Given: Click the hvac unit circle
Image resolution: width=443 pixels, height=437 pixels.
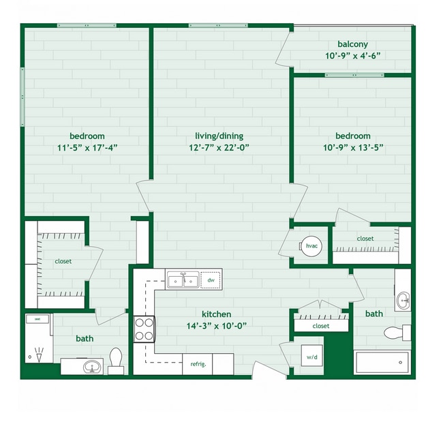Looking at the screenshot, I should [311, 246].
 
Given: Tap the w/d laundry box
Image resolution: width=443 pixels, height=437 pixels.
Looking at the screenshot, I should [311, 357].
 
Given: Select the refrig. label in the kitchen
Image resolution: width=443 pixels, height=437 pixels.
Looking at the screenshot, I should [198, 364].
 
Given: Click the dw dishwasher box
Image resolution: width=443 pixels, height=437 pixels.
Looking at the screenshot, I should [211, 280].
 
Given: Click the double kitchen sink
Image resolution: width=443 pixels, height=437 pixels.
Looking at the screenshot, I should [183, 280].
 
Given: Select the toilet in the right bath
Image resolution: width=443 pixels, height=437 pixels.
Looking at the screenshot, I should [395, 333].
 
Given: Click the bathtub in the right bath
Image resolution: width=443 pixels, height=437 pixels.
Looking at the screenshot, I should [382, 362].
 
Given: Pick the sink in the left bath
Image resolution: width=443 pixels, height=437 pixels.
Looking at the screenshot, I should [91, 367].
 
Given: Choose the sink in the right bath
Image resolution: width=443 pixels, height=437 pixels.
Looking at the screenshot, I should [403, 299].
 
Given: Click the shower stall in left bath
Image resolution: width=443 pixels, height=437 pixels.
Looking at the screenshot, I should [37, 345].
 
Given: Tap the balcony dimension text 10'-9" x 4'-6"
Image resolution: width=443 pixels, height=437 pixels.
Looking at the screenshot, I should [352, 57].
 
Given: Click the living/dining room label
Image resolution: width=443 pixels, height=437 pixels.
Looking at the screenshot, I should [216, 136].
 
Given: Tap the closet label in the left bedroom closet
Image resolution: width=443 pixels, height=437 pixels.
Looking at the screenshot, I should [63, 261].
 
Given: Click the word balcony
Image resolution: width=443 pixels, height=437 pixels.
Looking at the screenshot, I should [352, 44].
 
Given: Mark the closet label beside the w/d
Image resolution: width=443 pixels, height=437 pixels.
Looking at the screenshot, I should [320, 326].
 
